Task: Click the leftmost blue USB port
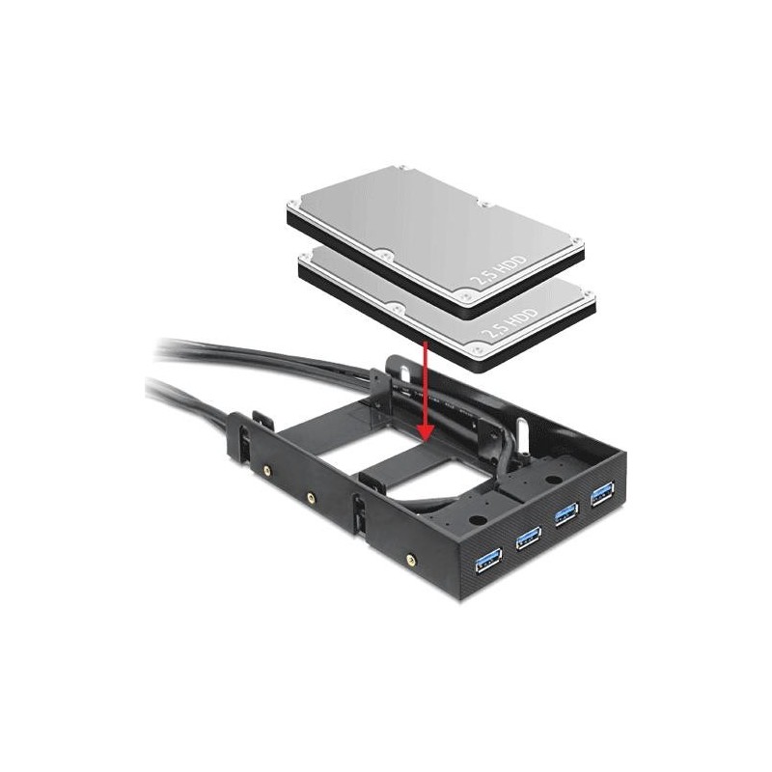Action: [488, 560]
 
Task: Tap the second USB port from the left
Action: [528, 538]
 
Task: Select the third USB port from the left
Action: [566, 515]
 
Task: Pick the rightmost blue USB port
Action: [602, 494]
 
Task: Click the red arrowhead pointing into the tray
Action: [426, 431]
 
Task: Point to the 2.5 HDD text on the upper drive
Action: [498, 270]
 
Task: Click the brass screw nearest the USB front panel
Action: [409, 559]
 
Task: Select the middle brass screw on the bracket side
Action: [311, 498]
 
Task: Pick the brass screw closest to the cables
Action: [266, 470]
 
